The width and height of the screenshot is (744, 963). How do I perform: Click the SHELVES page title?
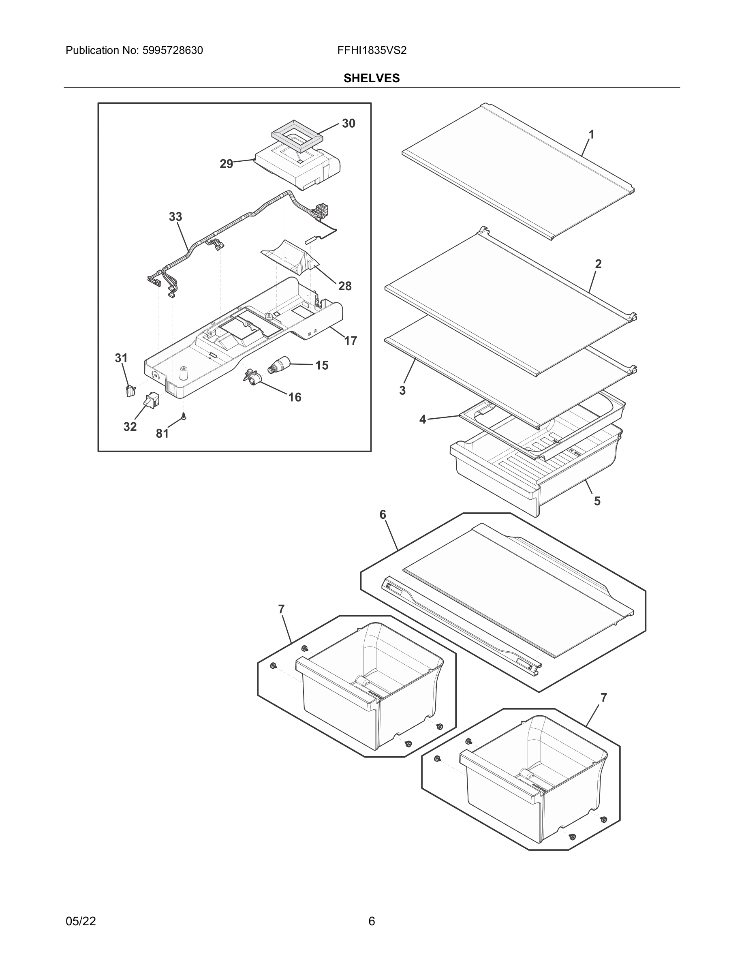tap(372, 78)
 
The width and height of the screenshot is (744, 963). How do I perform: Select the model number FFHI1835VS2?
tap(372, 50)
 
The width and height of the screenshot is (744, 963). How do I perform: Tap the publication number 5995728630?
tap(172, 50)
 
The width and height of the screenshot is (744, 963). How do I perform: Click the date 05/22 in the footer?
tap(81, 921)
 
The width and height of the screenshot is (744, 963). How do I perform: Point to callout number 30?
tap(348, 124)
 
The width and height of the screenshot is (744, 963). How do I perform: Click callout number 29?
tap(226, 164)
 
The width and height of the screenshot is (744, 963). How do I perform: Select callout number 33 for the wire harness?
tap(175, 216)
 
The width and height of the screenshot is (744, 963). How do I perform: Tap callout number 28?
tap(345, 286)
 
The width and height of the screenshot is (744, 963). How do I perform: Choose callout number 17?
tap(351, 340)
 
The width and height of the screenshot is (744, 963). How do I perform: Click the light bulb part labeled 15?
tap(278, 366)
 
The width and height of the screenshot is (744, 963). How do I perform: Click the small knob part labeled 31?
tap(130, 390)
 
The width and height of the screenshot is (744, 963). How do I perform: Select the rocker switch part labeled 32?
tap(151, 400)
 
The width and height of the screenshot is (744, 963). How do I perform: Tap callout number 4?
tap(423, 419)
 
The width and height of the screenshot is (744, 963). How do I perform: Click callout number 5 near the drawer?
tap(597, 501)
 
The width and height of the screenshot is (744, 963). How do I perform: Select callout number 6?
tap(383, 515)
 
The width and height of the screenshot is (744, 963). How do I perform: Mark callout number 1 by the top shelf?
tap(592, 135)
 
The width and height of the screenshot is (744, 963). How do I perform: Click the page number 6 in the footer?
tap(372, 921)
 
